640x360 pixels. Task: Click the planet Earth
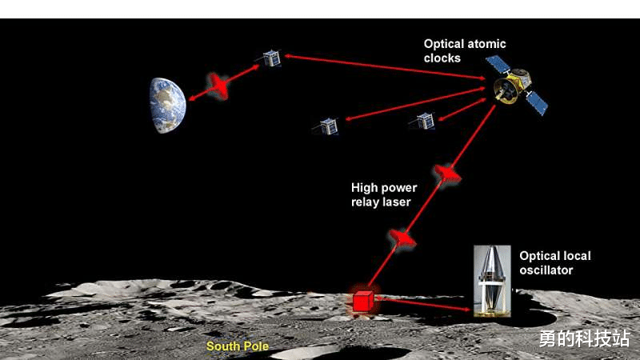pos(167,105)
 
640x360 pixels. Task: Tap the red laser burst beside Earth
pos(218,86)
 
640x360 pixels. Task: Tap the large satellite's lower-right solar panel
pos(536,102)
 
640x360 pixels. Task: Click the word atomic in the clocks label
pos(484,45)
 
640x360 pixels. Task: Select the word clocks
pos(442,58)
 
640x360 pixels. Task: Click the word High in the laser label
pos(366,189)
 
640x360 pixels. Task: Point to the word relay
pos(366,202)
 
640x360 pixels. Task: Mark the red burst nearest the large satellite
pos(446,173)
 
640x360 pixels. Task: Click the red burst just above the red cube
pos(402,238)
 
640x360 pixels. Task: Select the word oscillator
pos(546,270)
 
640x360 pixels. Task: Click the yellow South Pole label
pos(238,346)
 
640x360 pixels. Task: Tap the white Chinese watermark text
pos(583,338)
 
